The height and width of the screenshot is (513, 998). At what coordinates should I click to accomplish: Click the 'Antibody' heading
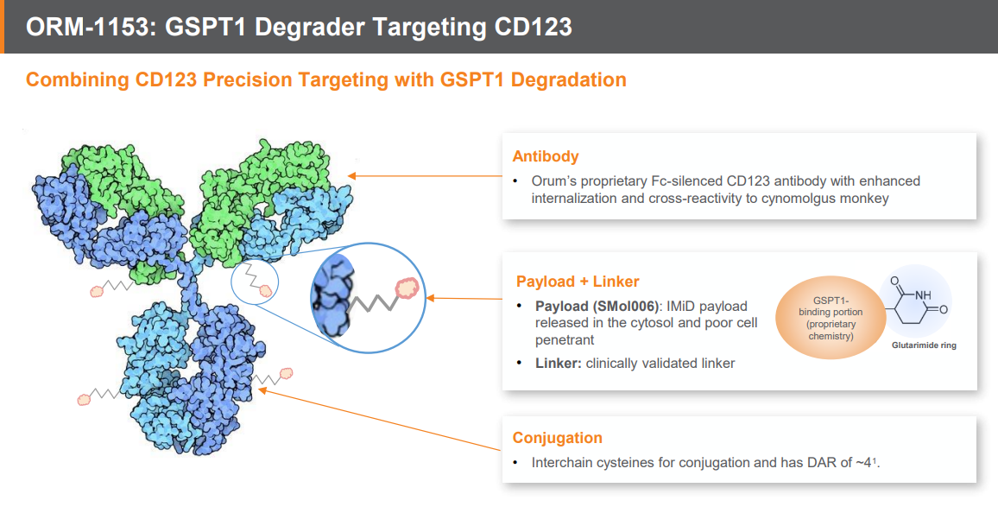(x=546, y=156)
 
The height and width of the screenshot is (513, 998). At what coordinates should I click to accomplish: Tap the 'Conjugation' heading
(x=557, y=438)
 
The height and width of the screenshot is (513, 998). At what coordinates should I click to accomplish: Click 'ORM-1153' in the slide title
(x=86, y=27)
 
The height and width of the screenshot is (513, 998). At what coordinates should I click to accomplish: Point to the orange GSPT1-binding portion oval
(x=830, y=318)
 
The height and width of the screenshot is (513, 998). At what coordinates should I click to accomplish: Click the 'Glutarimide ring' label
(x=924, y=345)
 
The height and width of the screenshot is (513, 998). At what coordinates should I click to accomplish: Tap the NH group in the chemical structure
(x=922, y=294)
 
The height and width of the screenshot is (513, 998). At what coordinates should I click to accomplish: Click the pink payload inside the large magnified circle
(x=407, y=289)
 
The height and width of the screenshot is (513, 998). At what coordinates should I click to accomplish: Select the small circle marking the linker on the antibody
(x=255, y=282)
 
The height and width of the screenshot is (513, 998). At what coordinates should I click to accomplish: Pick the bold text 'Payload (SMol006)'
(x=597, y=306)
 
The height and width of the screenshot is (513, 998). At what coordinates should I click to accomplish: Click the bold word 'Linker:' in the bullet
(x=559, y=364)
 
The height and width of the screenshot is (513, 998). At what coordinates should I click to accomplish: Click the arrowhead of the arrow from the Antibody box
(x=352, y=175)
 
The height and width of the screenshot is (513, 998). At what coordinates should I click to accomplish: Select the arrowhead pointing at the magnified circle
(x=430, y=297)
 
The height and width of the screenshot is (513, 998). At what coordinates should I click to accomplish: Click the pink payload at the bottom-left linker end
(x=84, y=400)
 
